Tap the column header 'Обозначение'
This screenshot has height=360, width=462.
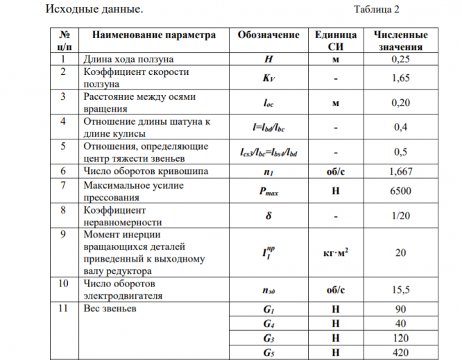click(268, 35)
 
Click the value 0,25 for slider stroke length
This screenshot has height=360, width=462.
click(400, 59)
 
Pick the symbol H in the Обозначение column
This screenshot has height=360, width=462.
click(268, 59)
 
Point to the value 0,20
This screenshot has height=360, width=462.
click(400, 103)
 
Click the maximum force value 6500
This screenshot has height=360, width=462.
click(400, 189)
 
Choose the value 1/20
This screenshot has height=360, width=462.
click(400, 216)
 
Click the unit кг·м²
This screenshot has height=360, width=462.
click(335, 252)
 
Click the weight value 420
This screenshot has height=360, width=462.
click(400, 352)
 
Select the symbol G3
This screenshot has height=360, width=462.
click(268, 338)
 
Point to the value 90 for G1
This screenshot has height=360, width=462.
click(400, 309)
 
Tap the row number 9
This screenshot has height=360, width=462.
click(64, 234)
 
